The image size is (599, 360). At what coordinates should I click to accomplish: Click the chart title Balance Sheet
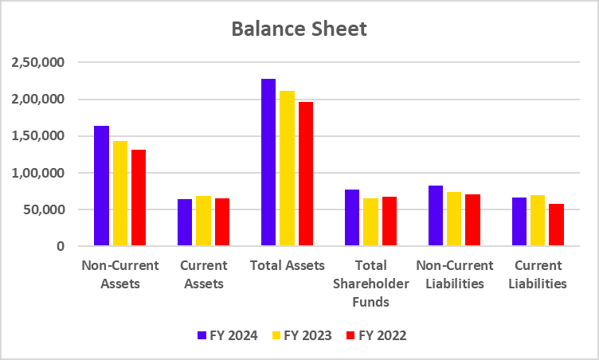[x=299, y=29]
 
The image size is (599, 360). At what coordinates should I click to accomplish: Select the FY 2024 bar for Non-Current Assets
[x=101, y=186]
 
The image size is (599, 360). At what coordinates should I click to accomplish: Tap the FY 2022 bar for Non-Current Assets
[x=139, y=198]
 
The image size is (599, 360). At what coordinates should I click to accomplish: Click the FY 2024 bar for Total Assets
[x=268, y=162]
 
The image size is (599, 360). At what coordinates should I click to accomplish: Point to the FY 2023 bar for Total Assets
[x=288, y=168]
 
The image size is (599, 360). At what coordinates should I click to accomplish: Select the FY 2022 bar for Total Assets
[x=306, y=174]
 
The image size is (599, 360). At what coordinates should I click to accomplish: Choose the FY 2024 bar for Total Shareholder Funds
[x=352, y=217]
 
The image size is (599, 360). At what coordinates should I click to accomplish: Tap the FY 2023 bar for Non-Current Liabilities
[x=454, y=219]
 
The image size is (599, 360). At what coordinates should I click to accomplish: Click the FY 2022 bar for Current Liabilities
[x=556, y=225]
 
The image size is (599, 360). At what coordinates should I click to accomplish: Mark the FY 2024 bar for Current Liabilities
[x=519, y=221]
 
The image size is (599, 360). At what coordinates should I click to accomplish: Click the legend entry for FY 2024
[x=227, y=335]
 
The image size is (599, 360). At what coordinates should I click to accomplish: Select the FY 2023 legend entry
[x=302, y=335]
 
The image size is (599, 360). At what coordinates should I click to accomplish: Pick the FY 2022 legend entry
[x=377, y=335]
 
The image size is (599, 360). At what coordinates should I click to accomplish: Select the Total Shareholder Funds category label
[x=370, y=283]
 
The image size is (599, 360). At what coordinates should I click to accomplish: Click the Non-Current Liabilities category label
[x=456, y=274]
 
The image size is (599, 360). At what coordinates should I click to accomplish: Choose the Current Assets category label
[x=204, y=274]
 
